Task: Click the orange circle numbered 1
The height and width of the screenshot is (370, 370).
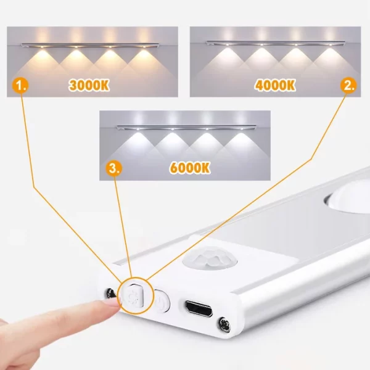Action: point(22,86)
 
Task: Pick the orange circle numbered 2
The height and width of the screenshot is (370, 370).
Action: point(349,86)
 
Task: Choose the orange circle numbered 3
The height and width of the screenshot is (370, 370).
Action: point(113,168)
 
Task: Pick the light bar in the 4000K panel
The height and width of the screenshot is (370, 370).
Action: point(276,44)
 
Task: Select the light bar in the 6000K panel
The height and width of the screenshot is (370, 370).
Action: point(185,128)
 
